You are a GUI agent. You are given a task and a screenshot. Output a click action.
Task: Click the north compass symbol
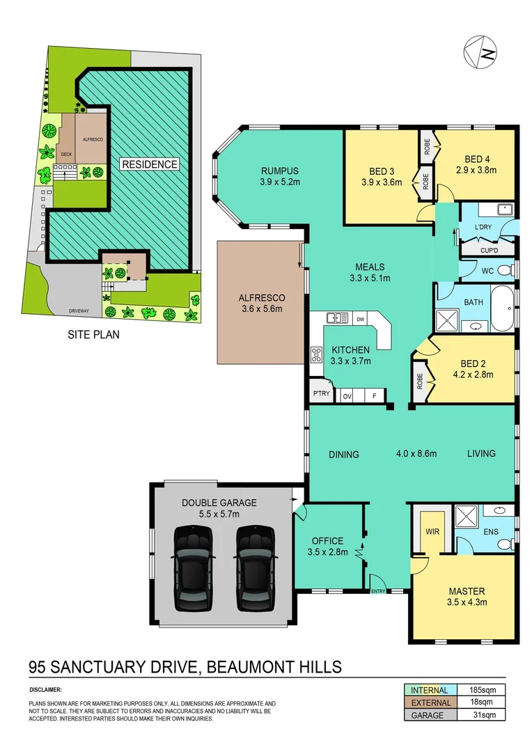tap(481, 52)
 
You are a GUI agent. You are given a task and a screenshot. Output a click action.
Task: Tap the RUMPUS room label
tap(280, 171)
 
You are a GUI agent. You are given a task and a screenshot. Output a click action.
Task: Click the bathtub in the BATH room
tap(503, 308)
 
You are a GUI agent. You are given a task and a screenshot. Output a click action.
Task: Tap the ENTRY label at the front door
tap(378, 591)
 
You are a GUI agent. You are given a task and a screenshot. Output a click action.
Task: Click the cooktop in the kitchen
tap(316, 354)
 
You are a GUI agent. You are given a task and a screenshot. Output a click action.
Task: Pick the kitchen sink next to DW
tap(338, 319)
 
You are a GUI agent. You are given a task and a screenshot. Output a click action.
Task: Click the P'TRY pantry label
tap(321, 395)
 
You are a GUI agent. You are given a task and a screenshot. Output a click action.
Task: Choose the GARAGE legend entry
tap(428, 715)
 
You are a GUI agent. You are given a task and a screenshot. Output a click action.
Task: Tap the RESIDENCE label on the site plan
tap(150, 164)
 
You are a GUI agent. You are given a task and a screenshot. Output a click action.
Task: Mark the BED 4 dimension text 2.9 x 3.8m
tap(474, 169)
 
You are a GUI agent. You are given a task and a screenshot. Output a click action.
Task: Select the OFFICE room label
tap(327, 540)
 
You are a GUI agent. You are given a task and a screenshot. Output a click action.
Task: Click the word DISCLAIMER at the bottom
tap(45, 690)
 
